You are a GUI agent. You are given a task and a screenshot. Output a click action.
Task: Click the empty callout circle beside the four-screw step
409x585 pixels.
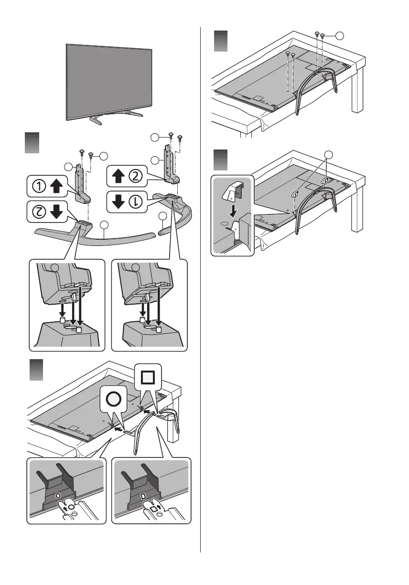click(339, 35)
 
